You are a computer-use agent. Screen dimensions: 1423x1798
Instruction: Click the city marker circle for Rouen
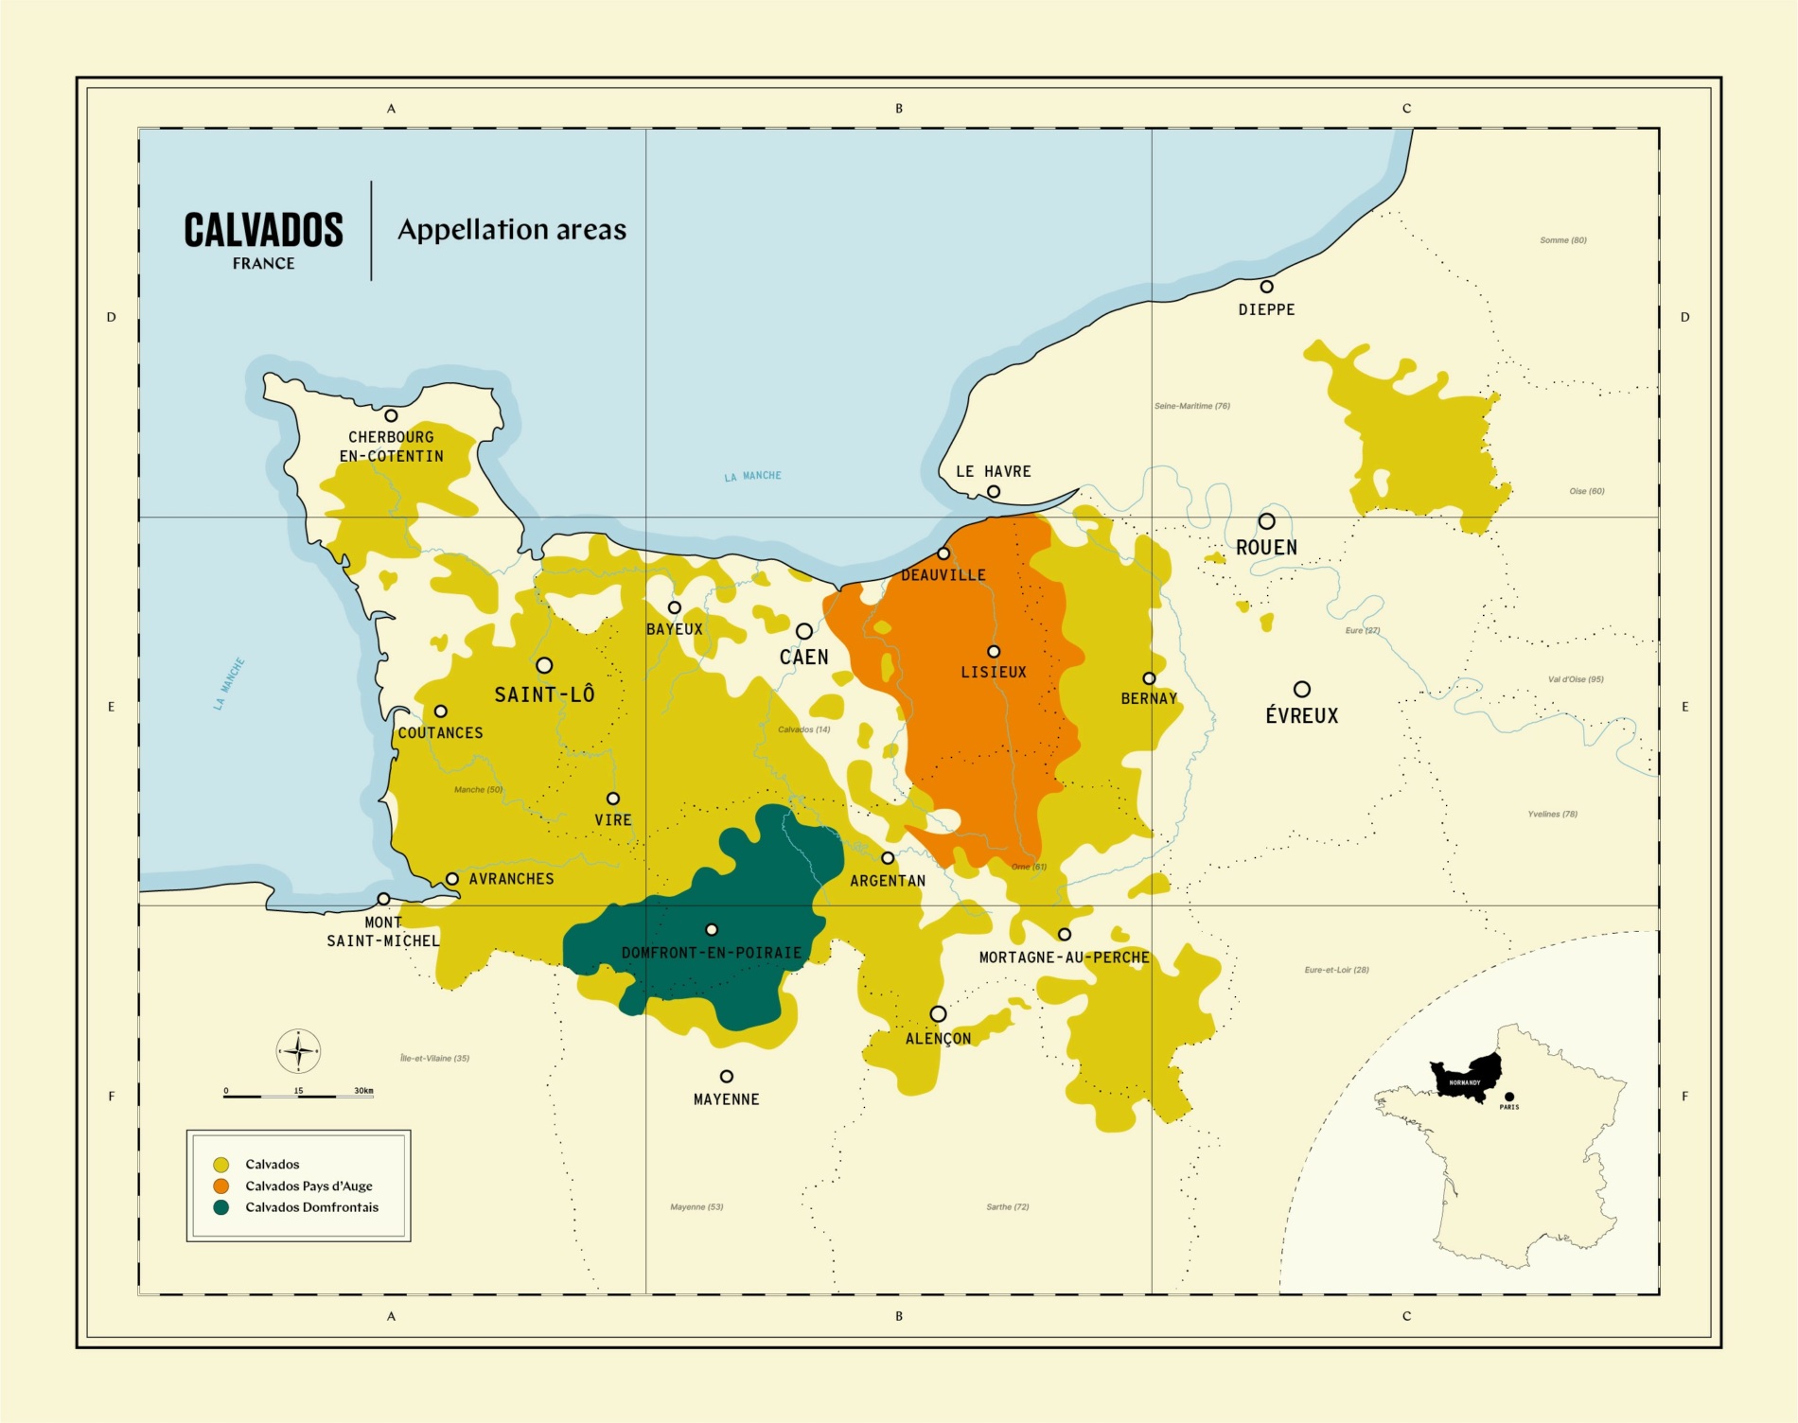[1266, 521]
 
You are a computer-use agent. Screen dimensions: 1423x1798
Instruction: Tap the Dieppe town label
[1266, 309]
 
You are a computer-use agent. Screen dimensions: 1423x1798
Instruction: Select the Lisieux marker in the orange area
[994, 652]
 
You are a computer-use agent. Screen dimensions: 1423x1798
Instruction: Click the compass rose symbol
[298, 1051]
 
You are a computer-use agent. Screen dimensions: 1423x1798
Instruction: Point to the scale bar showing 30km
[298, 1095]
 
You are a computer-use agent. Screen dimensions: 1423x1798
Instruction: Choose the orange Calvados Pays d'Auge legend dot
[221, 1186]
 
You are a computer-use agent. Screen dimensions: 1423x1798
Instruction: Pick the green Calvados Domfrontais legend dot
[221, 1207]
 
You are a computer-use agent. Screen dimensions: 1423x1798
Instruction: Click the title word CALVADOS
[263, 230]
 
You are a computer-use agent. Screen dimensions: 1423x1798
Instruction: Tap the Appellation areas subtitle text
[512, 230]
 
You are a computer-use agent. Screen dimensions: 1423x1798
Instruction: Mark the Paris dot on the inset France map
[1508, 1097]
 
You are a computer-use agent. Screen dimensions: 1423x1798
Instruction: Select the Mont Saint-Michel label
[383, 931]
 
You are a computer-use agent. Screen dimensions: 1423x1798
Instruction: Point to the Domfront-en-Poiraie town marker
[712, 930]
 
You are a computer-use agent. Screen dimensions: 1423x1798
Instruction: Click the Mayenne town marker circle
[727, 1077]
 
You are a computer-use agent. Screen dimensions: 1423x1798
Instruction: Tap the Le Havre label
[993, 471]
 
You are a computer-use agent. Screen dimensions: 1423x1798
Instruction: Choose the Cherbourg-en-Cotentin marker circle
[391, 415]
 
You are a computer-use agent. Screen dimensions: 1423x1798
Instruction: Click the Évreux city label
[1301, 716]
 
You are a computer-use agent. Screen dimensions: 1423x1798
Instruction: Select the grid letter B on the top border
[899, 109]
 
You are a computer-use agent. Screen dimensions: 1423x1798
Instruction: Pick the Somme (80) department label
[1562, 240]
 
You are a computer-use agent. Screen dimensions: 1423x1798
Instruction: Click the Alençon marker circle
[938, 1013]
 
